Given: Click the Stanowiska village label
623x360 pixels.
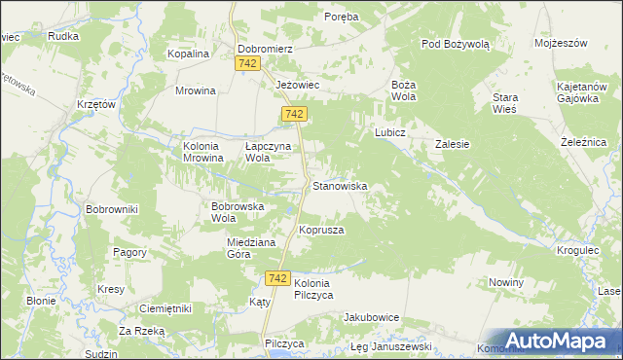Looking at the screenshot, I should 339,185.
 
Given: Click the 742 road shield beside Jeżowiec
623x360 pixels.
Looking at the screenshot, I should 296,115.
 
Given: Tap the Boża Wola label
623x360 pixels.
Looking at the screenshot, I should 404,90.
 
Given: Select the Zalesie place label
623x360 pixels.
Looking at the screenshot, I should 452,144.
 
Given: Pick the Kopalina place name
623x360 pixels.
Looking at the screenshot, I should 189,54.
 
